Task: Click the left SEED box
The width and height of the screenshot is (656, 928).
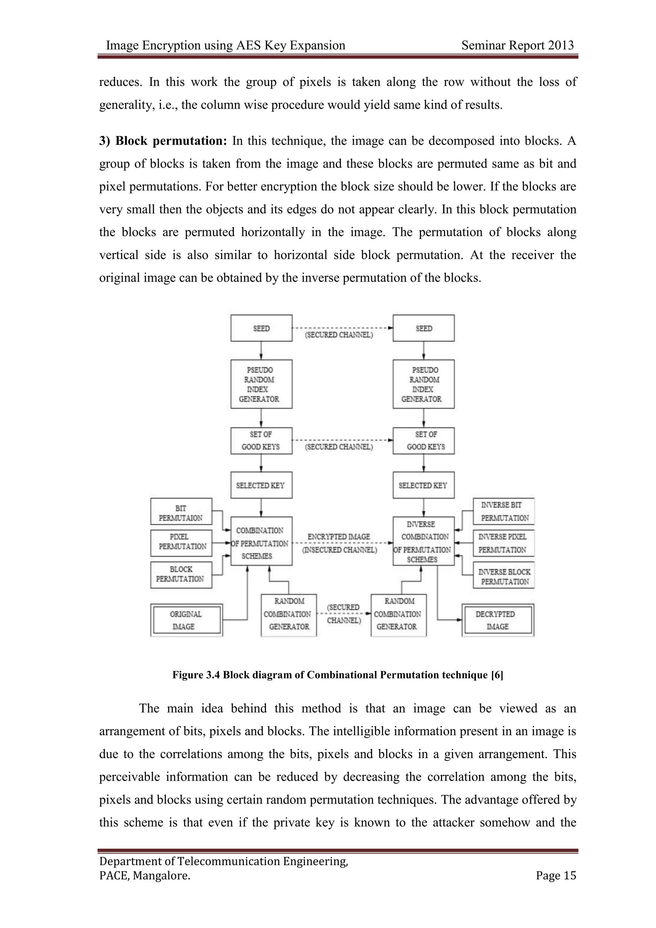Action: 261,328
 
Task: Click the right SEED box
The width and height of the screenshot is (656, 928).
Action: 423,328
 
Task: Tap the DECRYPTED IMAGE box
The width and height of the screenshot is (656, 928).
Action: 498,620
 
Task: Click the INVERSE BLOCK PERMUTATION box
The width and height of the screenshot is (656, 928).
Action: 504,576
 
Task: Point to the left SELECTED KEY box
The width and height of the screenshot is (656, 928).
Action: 261,485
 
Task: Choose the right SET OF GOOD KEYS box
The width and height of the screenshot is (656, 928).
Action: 423,441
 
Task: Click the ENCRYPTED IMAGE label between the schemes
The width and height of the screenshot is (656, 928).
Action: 339,537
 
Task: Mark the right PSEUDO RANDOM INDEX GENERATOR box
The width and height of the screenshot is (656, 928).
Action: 423,384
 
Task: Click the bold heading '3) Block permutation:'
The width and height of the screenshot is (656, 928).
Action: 164,141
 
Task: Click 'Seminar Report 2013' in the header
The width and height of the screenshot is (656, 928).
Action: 517,45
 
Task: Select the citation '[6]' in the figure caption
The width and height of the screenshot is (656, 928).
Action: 497,675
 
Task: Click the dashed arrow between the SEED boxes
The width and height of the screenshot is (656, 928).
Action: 342,328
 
